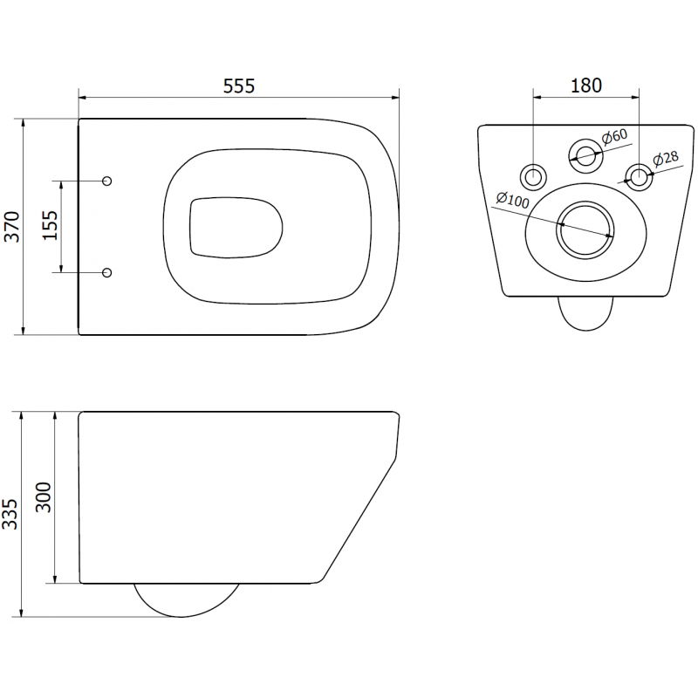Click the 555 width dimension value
(x=238, y=86)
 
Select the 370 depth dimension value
(x=11, y=226)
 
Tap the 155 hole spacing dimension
(x=50, y=227)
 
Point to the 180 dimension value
(x=586, y=86)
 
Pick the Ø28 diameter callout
(x=667, y=159)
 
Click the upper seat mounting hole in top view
(x=107, y=181)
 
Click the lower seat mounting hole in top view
(x=107, y=273)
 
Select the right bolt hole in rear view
(x=640, y=176)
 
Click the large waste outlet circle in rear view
(x=585, y=229)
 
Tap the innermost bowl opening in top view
(x=234, y=227)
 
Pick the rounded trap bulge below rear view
(x=585, y=312)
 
